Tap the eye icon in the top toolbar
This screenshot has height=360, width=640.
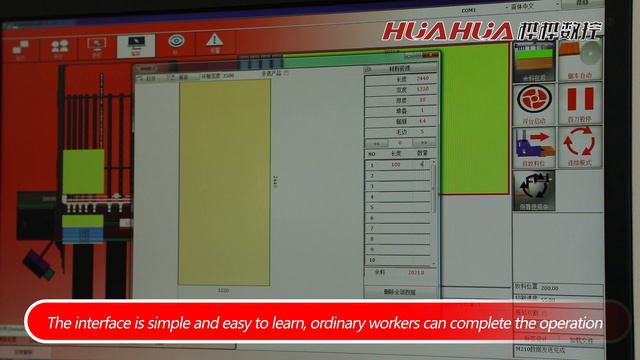tap(176, 43)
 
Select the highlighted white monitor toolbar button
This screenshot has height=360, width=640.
tap(133, 43)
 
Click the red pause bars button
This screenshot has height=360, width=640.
tap(582, 100)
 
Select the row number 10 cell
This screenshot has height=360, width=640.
tap(373, 259)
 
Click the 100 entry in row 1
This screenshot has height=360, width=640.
tap(395, 164)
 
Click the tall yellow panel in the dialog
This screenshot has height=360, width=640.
tap(224, 180)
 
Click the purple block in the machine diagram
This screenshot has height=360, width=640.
tap(39, 263)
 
